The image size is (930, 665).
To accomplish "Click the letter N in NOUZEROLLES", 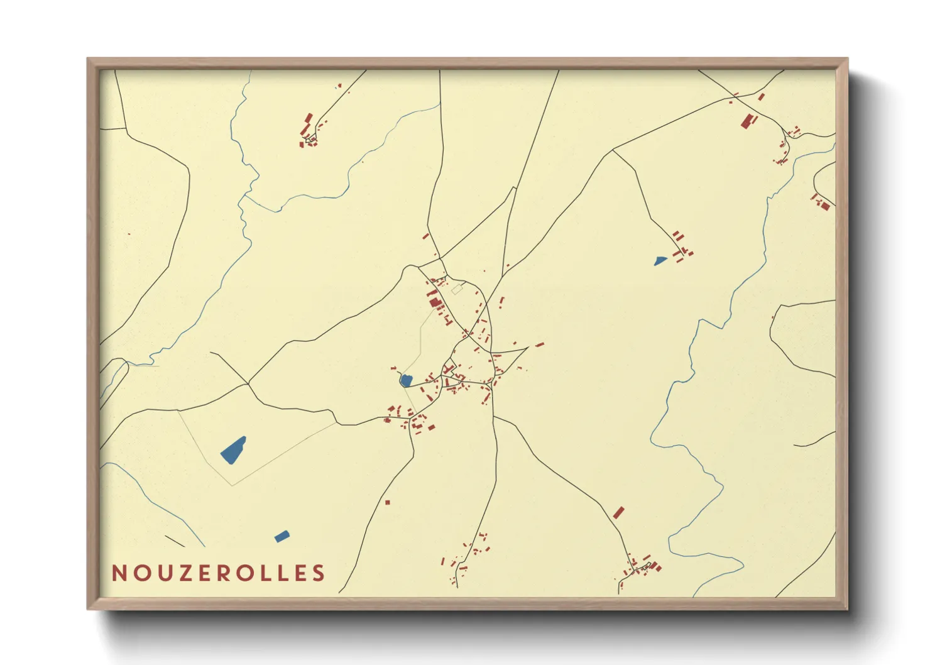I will point(119,573).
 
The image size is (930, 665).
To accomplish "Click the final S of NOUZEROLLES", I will point(319,573).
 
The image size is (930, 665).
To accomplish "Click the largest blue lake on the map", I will point(234,450).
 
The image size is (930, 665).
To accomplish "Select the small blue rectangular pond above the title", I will point(282,536).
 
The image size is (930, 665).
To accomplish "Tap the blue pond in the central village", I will point(406,380).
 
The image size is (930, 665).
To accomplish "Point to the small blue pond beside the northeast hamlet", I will point(660,260).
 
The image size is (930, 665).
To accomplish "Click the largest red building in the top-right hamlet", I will point(747,121).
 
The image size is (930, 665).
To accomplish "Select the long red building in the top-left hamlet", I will point(309,119).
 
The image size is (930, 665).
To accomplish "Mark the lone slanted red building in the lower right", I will point(619,512).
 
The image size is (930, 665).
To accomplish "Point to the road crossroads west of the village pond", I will point(248,383).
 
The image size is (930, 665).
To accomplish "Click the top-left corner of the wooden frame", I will point(88,59).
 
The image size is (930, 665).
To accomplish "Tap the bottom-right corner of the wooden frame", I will point(847,608).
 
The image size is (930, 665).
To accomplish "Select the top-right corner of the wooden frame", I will point(847,59).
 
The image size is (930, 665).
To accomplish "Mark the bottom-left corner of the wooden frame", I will point(88,608).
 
